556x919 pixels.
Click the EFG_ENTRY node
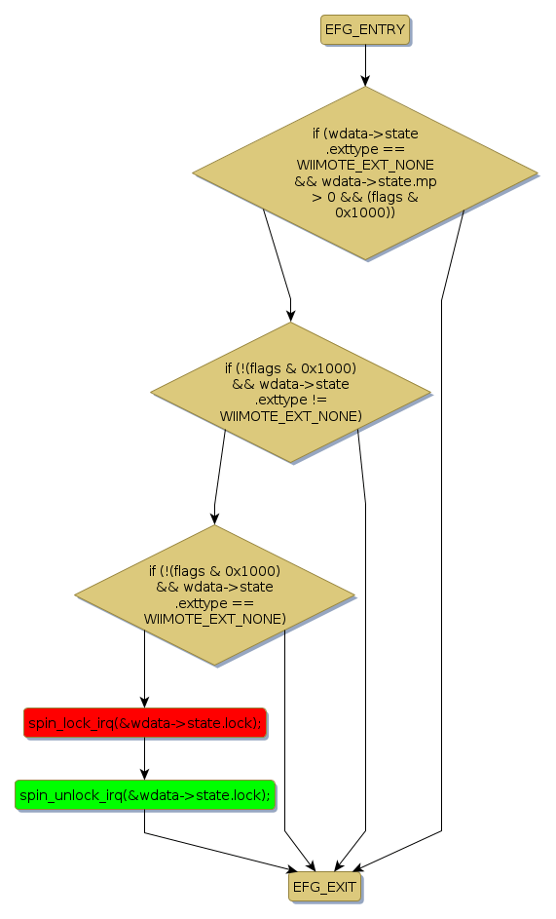pyautogui.click(x=365, y=29)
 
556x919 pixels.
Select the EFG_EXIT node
pyautogui.click(x=324, y=887)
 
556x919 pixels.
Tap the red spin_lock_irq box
pyautogui.click(x=145, y=723)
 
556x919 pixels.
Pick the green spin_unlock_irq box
pyautogui.click(x=145, y=795)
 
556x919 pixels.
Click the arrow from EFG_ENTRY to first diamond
pyautogui.click(x=365, y=65)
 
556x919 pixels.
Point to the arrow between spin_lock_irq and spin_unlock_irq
pyautogui.click(x=145, y=758)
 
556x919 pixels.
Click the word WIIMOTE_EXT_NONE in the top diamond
pyautogui.click(x=365, y=165)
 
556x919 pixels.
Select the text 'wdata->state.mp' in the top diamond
pyautogui.click(x=379, y=181)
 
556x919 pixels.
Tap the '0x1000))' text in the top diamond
pyautogui.click(x=365, y=212)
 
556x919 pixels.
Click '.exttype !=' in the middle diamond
pyautogui.click(x=290, y=400)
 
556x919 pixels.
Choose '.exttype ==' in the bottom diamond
pyautogui.click(x=214, y=603)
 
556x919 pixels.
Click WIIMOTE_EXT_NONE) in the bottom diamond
pyautogui.click(x=214, y=619)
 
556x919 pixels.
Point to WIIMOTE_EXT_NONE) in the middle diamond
pyautogui.click(x=290, y=416)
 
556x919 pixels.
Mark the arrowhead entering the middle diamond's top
pyautogui.click(x=290, y=316)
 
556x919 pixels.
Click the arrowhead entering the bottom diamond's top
pyautogui.click(x=214, y=518)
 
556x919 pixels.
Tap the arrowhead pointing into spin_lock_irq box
pyautogui.click(x=145, y=701)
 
